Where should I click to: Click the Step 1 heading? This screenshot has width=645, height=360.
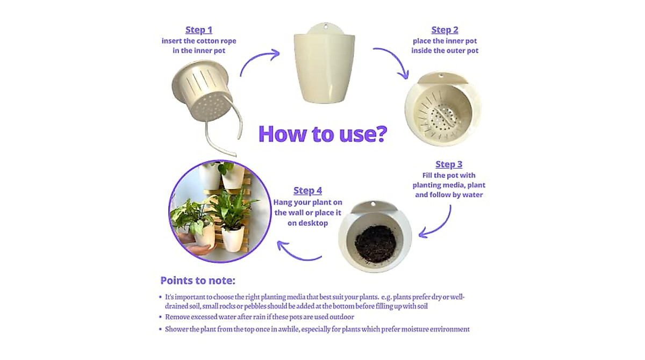coord(199,30)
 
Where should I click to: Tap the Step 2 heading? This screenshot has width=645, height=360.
coord(445,30)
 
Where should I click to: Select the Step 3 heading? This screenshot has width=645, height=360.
coord(449,164)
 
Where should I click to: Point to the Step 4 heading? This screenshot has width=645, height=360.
coord(307,191)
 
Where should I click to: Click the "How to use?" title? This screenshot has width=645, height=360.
coord(323,134)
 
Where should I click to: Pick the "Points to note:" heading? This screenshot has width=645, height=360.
coord(198,280)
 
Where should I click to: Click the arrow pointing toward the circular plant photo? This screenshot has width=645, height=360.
coord(297,256)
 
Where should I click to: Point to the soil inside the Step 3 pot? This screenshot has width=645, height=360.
coord(376,243)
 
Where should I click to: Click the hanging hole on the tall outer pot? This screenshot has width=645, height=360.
coord(326,26)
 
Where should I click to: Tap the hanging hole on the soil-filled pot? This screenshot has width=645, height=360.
coord(373,204)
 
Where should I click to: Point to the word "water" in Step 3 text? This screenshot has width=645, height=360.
coord(474,195)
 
